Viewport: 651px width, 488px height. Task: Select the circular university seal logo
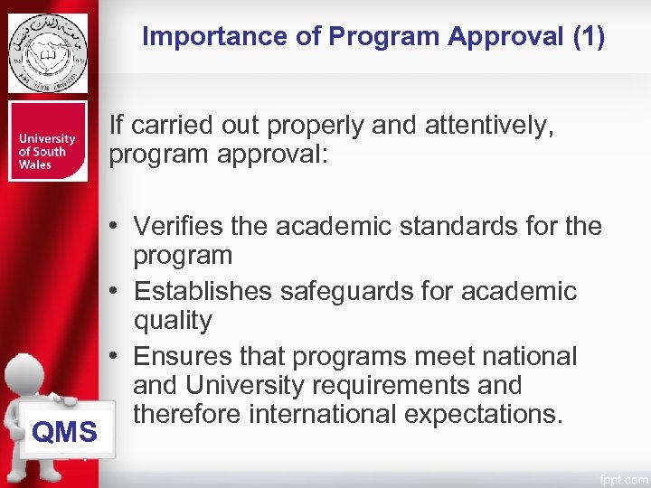click(48, 52)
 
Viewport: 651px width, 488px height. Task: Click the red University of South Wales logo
click(48, 141)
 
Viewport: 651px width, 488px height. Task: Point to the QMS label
click(64, 433)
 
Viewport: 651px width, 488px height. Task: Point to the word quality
click(173, 321)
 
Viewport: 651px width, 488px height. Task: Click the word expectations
click(492, 415)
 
